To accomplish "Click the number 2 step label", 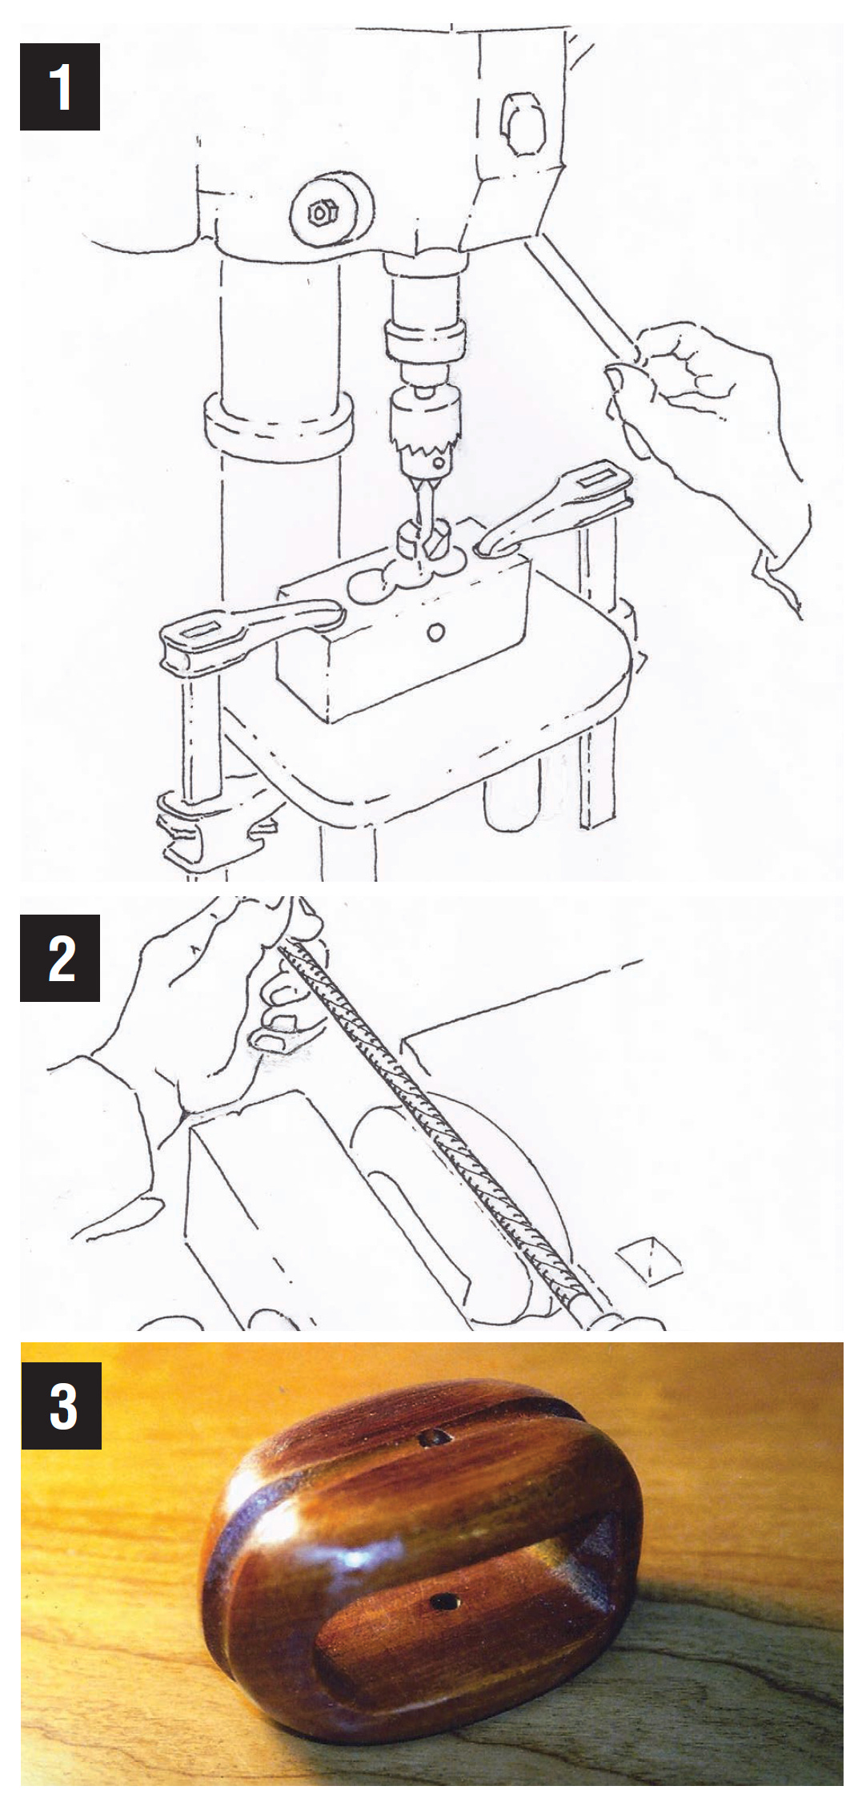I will (60, 958).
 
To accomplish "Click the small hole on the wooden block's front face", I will (435, 633).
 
